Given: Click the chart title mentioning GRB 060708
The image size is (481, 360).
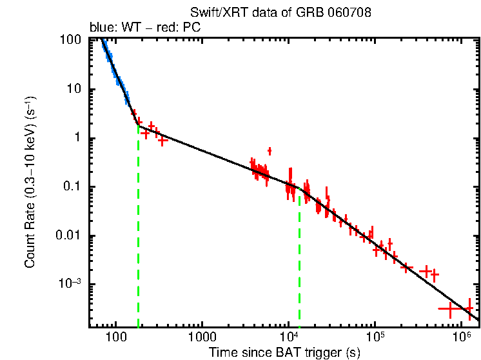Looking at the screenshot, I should pyautogui.click(x=280, y=13).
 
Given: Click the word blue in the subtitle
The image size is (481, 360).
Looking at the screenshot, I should pyautogui.click(x=99, y=28).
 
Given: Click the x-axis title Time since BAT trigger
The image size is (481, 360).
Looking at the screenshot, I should pyautogui.click(x=284, y=352).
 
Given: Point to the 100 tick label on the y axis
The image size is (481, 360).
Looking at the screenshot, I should pyautogui.click(x=70, y=40).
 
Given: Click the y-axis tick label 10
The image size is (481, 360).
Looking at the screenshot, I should pyautogui.click(x=74, y=89).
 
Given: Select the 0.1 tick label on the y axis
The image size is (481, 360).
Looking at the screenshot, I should pyautogui.click(x=72, y=187).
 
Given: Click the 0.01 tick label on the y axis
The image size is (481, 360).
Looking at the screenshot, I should pyautogui.click(x=68, y=235).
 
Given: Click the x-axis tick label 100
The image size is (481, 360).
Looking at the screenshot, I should pyautogui.click(x=116, y=337).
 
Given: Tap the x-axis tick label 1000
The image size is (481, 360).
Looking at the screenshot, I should pyautogui.click(x=202, y=337).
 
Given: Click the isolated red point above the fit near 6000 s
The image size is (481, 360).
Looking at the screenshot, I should pyautogui.click(x=270, y=151).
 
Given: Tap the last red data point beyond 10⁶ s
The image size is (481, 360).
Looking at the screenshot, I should pyautogui.click(x=469, y=308).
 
